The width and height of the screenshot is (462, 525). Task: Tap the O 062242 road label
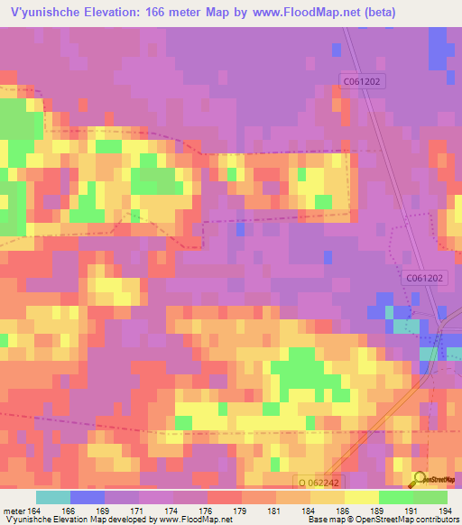pos(320,484)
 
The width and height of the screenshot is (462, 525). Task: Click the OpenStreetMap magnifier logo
pos(419,480)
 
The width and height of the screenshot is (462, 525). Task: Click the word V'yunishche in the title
pos(42,13)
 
